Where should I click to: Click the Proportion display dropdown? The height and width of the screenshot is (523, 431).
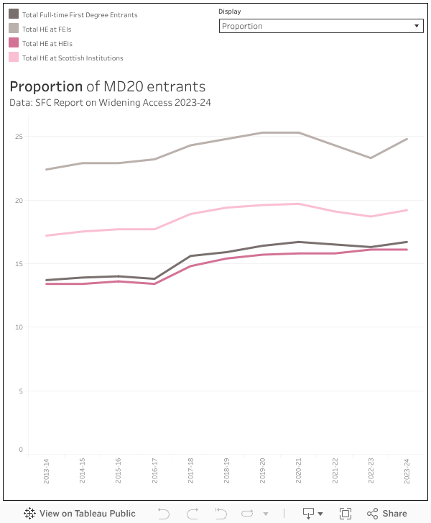[320, 26]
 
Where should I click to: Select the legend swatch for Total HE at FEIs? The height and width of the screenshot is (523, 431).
[14, 28]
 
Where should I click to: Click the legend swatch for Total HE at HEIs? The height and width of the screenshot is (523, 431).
[14, 43]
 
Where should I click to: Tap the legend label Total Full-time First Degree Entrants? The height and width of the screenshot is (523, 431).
[80, 14]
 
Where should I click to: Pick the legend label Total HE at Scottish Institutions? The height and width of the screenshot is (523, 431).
[73, 58]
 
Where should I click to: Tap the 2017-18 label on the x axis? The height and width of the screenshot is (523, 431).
[191, 470]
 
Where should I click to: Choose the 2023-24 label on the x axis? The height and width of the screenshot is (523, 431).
[407, 470]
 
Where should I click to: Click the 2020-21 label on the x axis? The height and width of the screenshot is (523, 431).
[300, 470]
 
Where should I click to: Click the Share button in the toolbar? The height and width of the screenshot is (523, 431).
[387, 513]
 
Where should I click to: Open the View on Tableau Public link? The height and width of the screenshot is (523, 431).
[80, 513]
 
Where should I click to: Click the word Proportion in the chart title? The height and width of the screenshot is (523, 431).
[46, 87]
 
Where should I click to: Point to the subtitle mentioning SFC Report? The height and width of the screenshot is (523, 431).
[110, 102]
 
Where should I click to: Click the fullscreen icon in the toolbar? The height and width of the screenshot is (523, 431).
[346, 513]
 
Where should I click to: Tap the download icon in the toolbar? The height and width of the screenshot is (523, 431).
[309, 513]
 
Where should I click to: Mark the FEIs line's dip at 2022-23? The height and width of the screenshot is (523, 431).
[371, 158]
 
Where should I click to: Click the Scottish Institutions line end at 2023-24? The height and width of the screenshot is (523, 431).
[407, 210]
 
